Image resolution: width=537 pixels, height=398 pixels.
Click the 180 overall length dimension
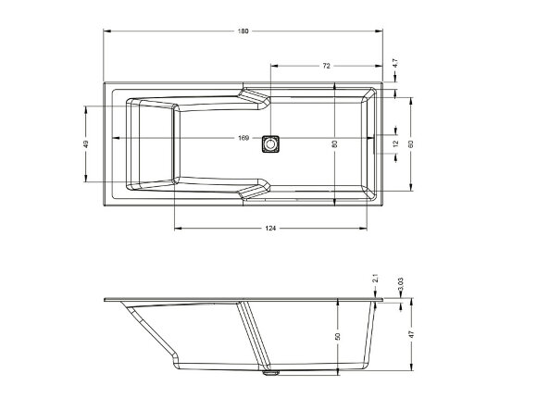tap(244, 31)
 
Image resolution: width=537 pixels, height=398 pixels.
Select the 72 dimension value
tap(327, 67)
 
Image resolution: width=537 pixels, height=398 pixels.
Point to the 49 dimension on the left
tap(86, 143)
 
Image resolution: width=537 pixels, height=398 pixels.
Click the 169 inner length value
tap(244, 140)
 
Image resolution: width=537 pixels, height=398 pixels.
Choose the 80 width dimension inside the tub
tap(334, 143)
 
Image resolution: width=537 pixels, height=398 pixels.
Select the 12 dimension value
tap(395, 143)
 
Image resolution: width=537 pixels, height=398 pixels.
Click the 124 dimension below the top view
tap(270, 228)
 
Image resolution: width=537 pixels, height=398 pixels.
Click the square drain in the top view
tap(271, 143)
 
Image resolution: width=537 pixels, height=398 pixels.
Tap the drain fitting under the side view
tap(271, 375)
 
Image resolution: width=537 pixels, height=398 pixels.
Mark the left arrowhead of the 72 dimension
tap(273, 67)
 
